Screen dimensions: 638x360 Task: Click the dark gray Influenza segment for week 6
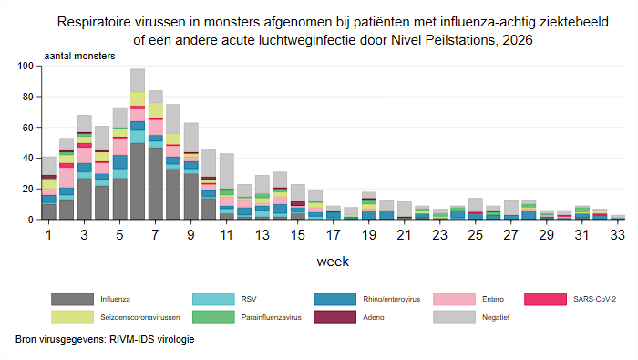click(138, 181)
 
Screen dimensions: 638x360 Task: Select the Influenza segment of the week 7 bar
click(156, 183)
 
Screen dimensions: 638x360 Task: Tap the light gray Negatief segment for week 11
click(227, 171)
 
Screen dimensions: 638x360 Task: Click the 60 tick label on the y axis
click(26, 128)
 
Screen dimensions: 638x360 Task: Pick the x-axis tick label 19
click(368, 235)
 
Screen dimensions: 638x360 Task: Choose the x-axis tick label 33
click(617, 235)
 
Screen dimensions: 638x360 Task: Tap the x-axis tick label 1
click(49, 235)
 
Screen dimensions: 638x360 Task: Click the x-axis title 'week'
click(333, 262)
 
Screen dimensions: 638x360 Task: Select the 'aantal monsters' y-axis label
click(80, 57)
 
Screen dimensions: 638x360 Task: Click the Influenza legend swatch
click(72, 299)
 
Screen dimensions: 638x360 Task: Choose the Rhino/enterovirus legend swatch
click(334, 299)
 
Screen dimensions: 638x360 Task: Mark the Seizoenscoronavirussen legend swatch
click(72, 317)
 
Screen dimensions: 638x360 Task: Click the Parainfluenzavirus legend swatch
click(213, 317)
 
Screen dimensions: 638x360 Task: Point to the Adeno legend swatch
click(334, 317)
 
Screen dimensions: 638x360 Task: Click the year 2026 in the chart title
click(518, 40)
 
